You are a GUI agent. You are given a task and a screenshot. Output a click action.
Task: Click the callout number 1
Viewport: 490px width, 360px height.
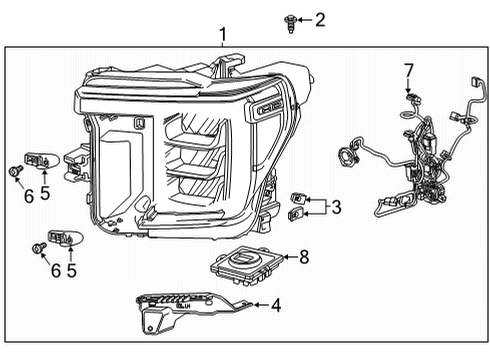[x=222, y=35]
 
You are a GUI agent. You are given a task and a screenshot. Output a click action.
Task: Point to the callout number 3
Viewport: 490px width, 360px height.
[x=336, y=207]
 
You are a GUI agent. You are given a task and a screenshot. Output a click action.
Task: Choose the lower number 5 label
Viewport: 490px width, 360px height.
[x=71, y=270]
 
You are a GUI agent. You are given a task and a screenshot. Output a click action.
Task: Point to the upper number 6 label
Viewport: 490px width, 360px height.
[x=28, y=196]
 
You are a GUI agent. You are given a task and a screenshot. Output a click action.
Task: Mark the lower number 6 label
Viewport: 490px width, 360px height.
[x=56, y=270]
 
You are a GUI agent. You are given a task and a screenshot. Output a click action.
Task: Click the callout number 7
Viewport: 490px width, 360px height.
[x=408, y=69]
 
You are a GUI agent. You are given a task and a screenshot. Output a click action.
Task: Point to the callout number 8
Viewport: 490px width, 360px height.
[x=304, y=257]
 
